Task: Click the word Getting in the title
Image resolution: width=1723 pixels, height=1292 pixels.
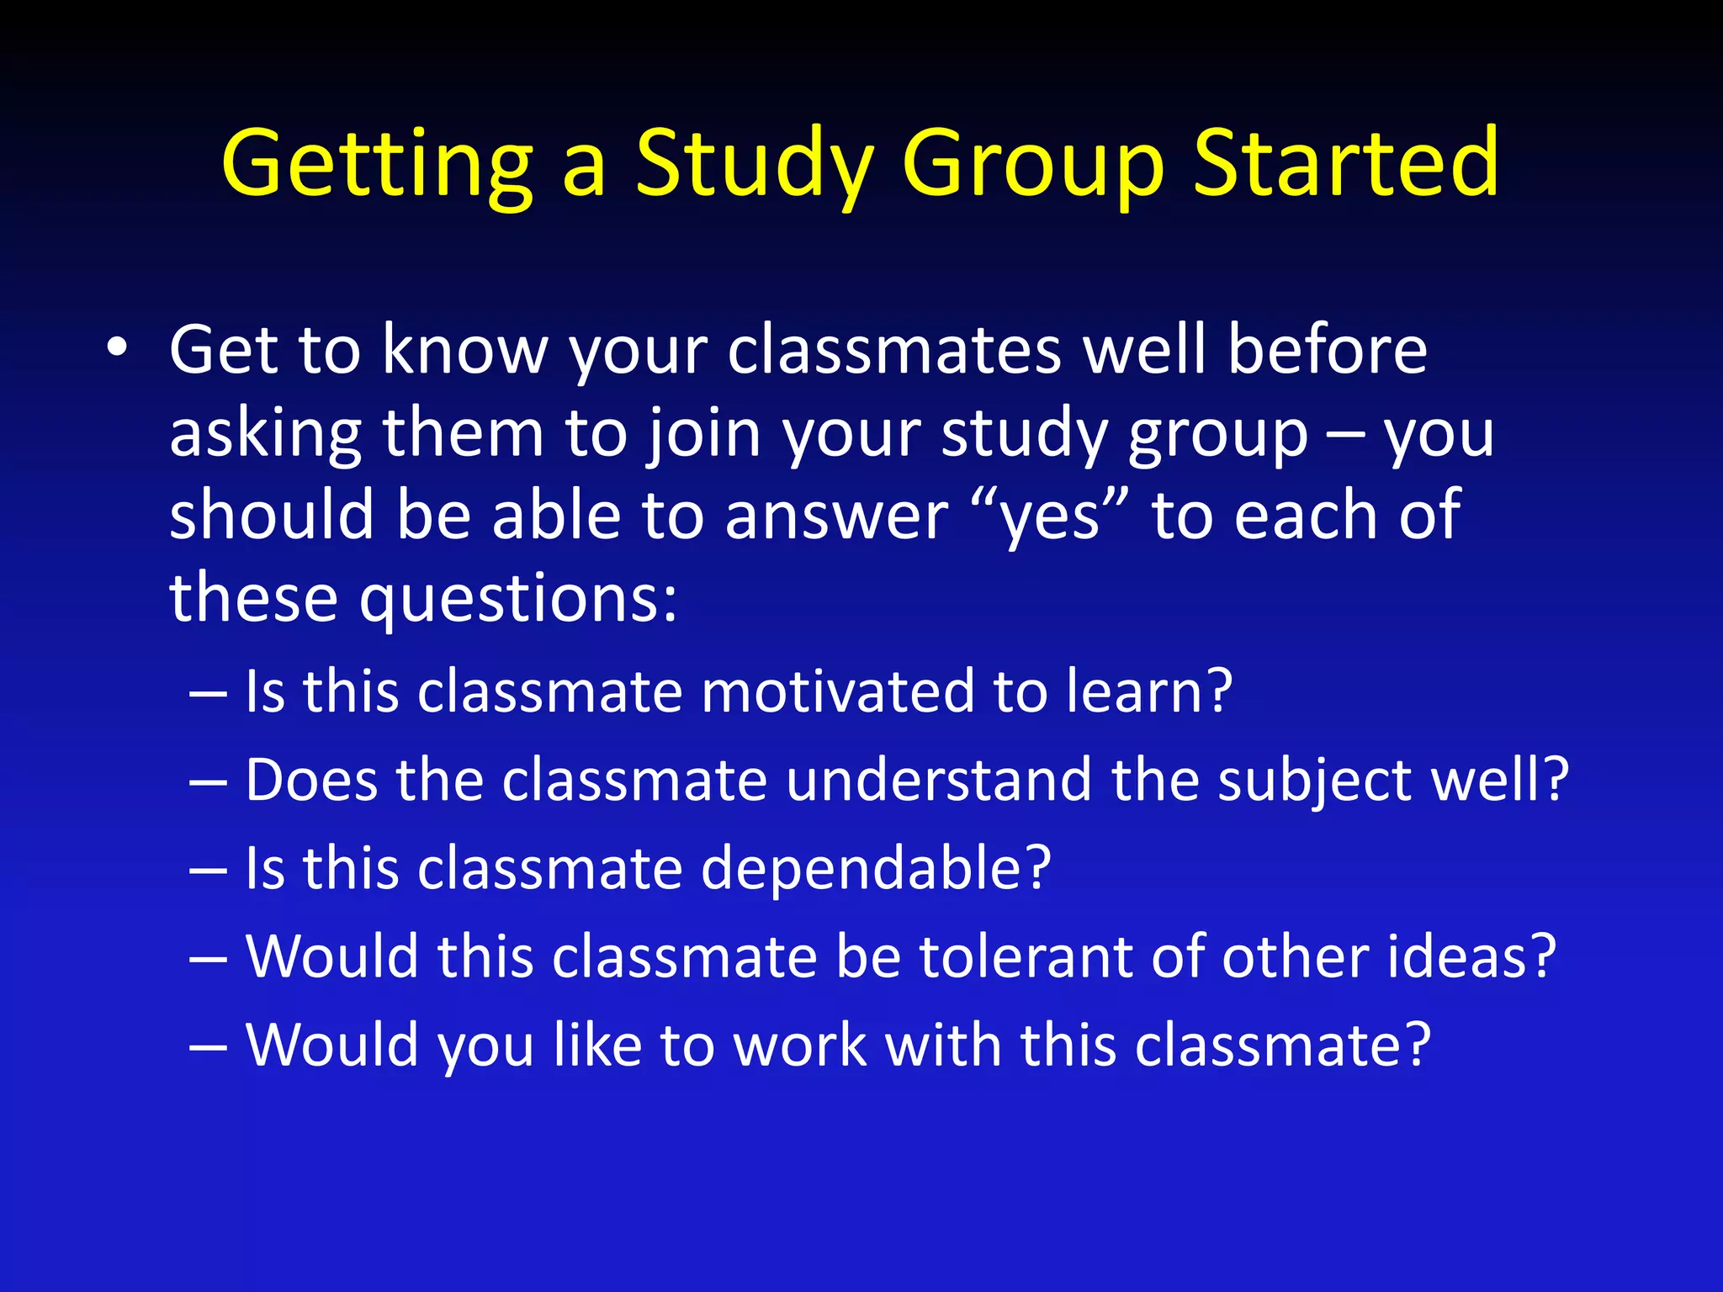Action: pyautogui.click(x=377, y=164)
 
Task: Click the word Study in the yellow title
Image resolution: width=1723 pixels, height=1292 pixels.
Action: pyautogui.click(x=754, y=164)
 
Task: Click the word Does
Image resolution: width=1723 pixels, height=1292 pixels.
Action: pyautogui.click(x=311, y=780)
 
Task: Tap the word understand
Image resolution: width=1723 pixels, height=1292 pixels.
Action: pyautogui.click(x=938, y=780)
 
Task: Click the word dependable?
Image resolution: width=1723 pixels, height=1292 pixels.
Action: pyautogui.click(x=875, y=868)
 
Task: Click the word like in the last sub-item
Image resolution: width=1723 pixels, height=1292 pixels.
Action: pyautogui.click(x=597, y=1045)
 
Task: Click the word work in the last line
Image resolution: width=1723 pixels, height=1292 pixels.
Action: pyautogui.click(x=799, y=1045)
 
